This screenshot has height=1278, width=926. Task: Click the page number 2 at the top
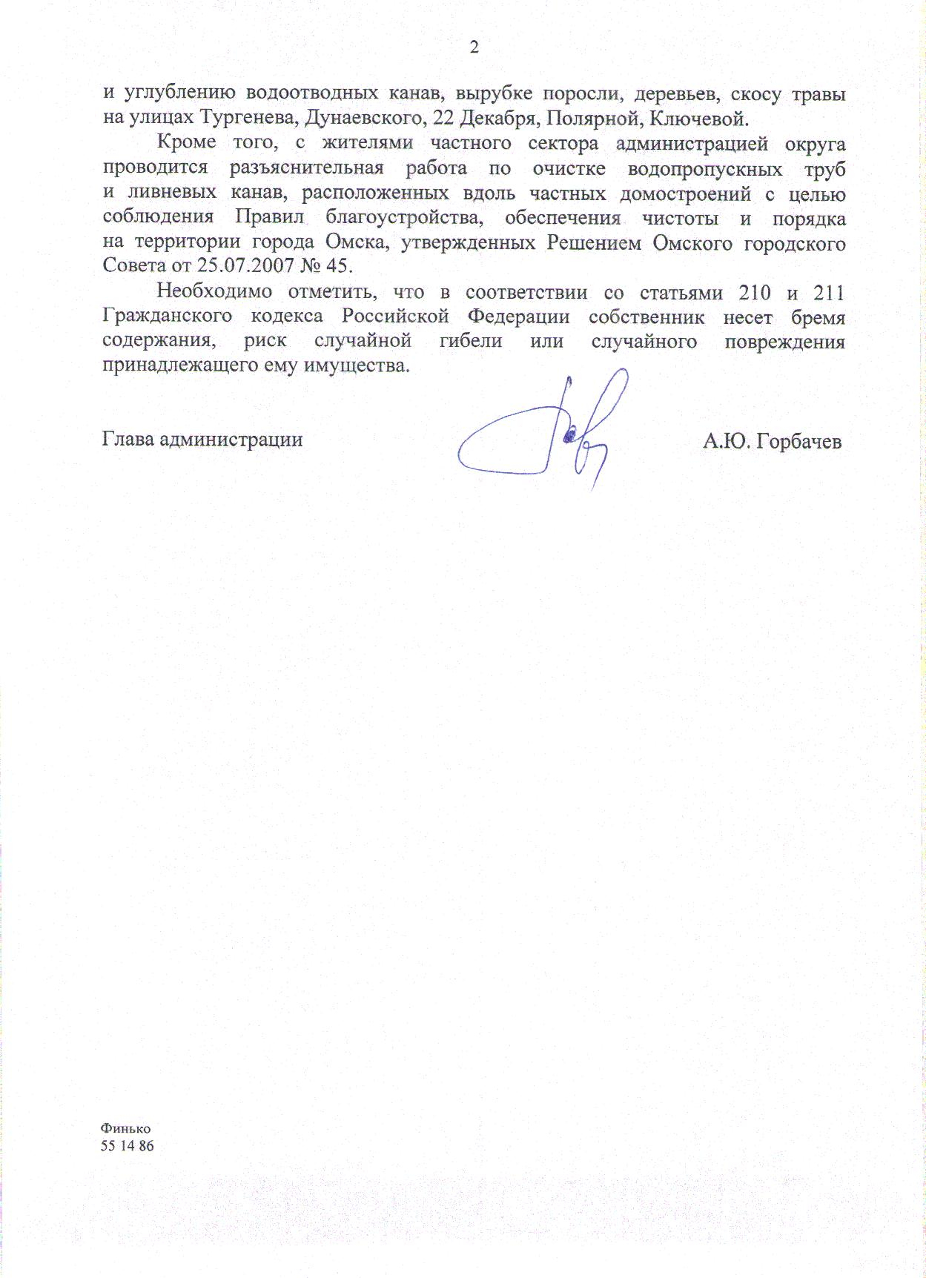click(x=474, y=48)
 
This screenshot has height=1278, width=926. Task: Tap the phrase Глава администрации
click(x=202, y=440)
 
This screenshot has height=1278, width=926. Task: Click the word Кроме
click(x=187, y=143)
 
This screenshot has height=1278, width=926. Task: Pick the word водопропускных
click(x=705, y=168)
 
